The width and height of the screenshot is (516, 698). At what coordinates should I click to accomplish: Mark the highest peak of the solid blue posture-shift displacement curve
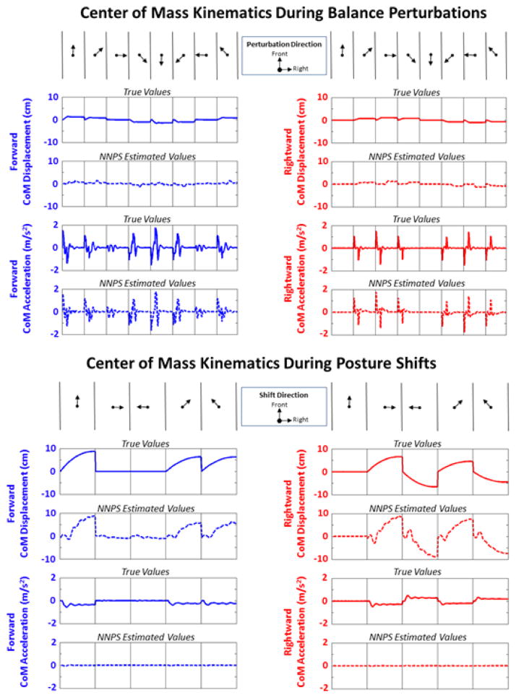tap(93, 451)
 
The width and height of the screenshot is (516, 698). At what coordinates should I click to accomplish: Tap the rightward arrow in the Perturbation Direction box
tap(285, 69)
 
